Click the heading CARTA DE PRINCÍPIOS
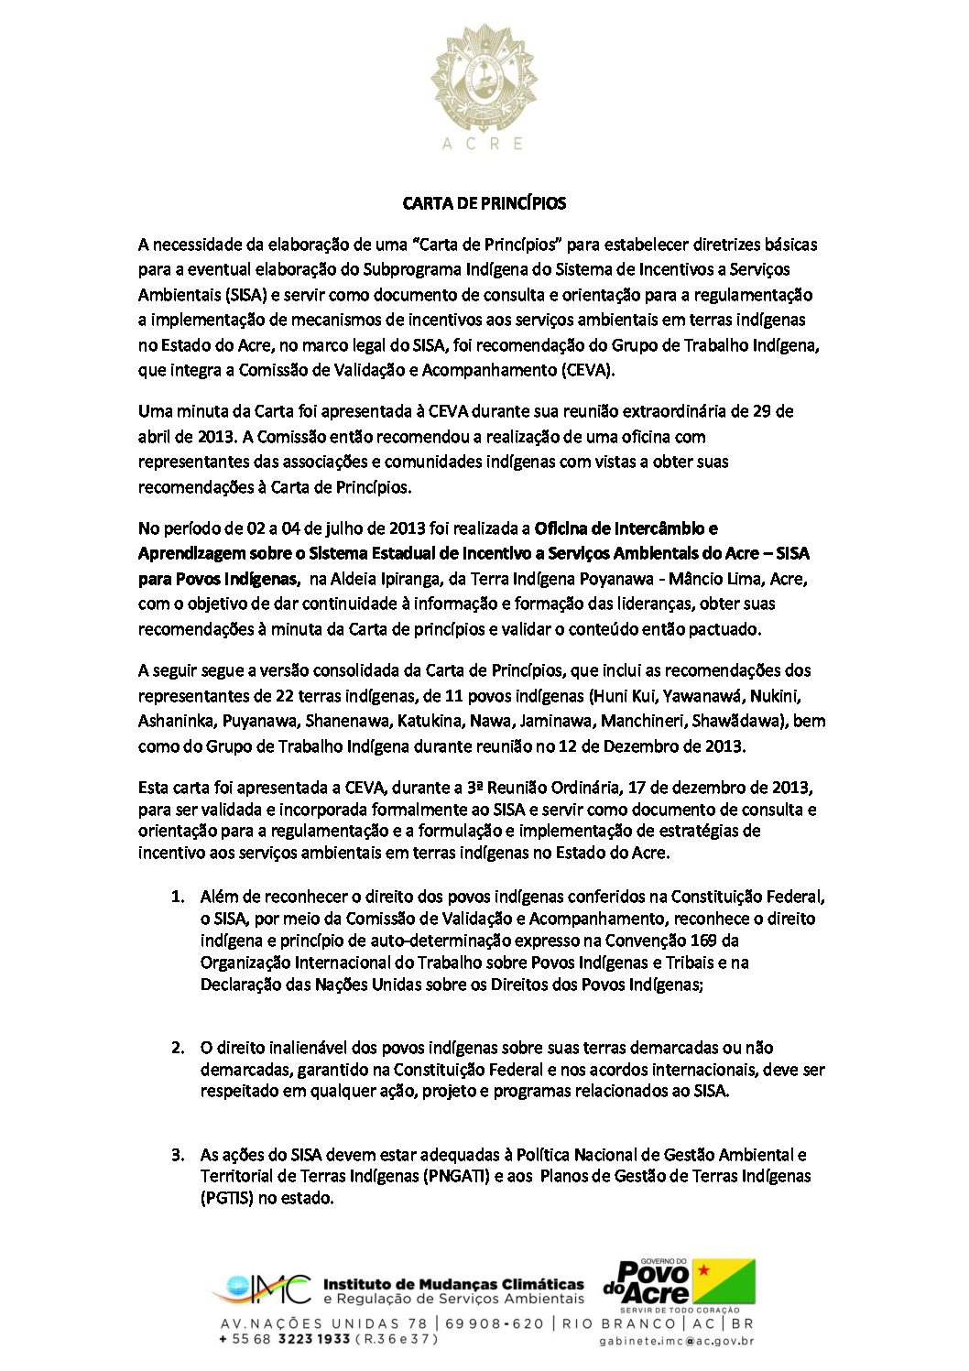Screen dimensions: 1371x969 tap(484, 203)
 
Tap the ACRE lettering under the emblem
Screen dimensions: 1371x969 tap(483, 144)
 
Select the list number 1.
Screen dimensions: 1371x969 tap(178, 897)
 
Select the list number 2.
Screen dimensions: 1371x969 tap(178, 1048)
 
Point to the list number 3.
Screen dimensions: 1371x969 tap(178, 1155)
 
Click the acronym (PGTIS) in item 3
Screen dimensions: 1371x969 tap(226, 1198)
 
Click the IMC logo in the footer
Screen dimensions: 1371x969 tap(263, 1290)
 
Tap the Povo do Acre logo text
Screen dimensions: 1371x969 tap(648, 1282)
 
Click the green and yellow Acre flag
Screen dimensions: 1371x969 tap(724, 1280)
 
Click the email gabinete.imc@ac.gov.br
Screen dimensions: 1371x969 tap(677, 1342)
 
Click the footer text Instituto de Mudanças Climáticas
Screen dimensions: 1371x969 tap(453, 1284)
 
